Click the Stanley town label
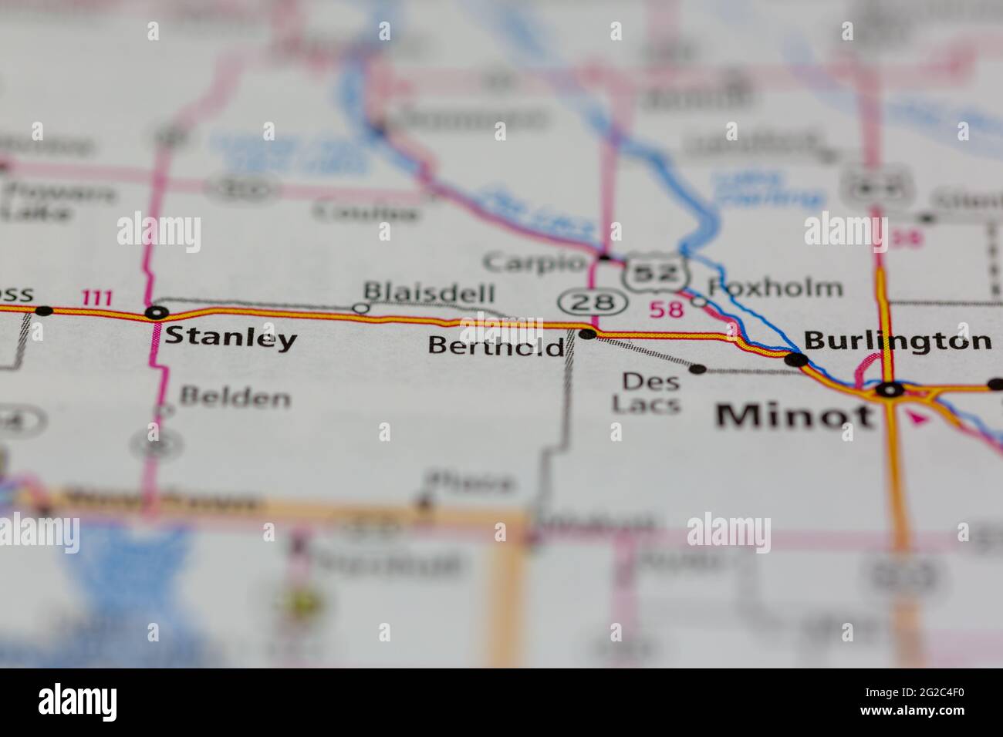(x=231, y=338)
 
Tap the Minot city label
(x=795, y=416)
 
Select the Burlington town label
(x=897, y=340)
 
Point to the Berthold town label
(x=496, y=345)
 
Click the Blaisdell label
(x=428, y=292)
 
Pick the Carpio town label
(x=534, y=262)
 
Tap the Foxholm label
(x=774, y=288)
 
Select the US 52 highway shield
(x=655, y=272)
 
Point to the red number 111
(x=97, y=298)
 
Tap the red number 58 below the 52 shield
(x=667, y=309)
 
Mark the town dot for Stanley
(x=157, y=312)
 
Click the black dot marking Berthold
(x=587, y=334)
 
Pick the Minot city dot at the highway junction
(x=891, y=390)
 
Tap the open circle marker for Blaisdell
(x=359, y=308)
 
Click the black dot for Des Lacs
(x=697, y=369)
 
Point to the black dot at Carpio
(x=605, y=256)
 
